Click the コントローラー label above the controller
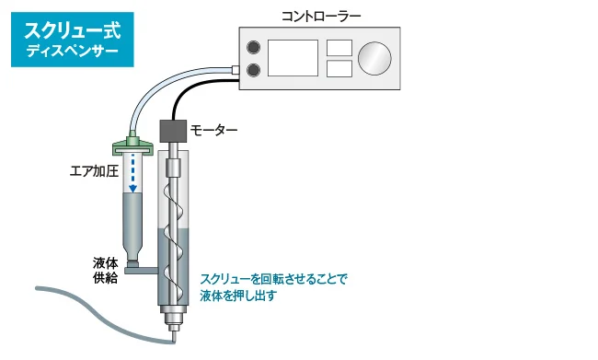pos(321,17)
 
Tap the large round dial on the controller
pos(374,58)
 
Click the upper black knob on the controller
pos(253,47)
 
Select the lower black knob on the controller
pos(253,70)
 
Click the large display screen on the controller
pos(293,58)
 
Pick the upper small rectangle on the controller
pos(339,48)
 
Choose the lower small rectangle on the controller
pos(339,68)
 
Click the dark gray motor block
pos(173,131)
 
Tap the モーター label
pos(213,131)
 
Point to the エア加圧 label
pos(94,171)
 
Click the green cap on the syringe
pos(132,145)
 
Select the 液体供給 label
pos(105,271)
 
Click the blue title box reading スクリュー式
pos(73,40)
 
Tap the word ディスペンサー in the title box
pos(72,52)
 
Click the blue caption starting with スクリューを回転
pos(273,287)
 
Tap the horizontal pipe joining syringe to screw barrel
pos(141,271)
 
